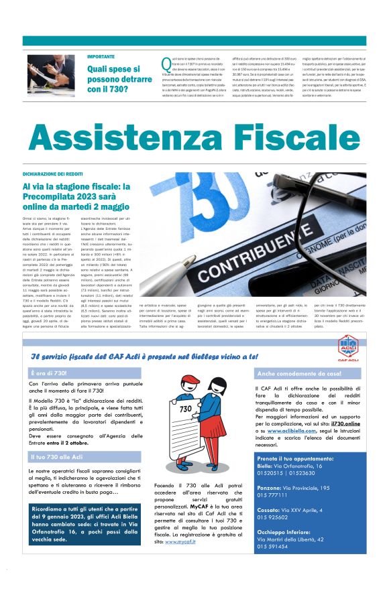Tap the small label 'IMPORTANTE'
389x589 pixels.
click(x=101, y=56)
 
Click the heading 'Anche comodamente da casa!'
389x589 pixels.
click(x=299, y=373)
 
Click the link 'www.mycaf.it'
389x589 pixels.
click(x=182, y=541)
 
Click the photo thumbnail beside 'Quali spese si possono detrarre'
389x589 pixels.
click(x=51, y=74)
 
